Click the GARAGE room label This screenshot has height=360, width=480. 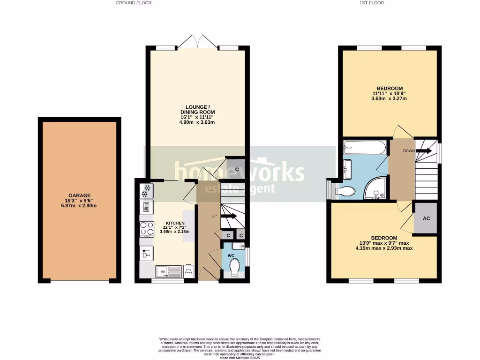79,195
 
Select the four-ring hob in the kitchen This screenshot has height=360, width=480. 145,228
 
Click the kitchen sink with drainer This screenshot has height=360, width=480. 167,270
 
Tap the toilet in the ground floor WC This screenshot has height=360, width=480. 234,266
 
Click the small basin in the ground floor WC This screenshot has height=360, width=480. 241,246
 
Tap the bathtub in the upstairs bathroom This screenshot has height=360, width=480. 364,148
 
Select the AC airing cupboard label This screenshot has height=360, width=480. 426,218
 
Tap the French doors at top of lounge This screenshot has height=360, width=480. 197,42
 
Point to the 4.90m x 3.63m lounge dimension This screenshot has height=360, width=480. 197,122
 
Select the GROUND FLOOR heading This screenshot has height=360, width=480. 134,3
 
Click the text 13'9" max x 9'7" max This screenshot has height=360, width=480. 384,243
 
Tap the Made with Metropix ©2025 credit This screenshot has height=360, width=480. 240,358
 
